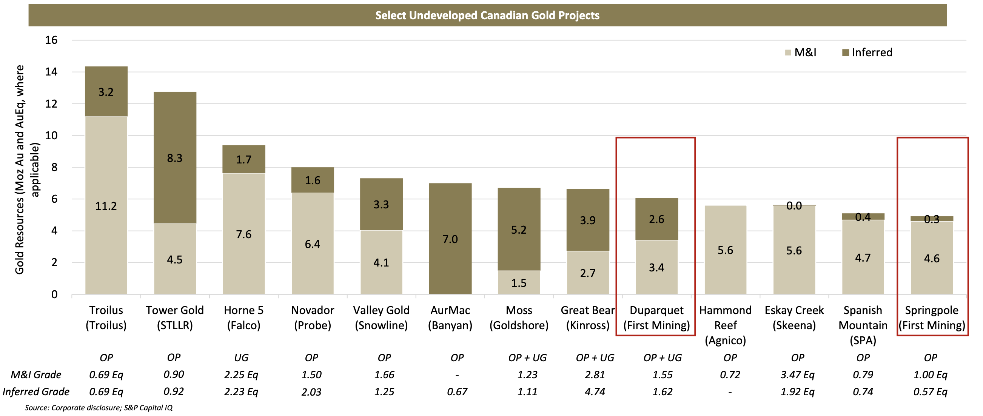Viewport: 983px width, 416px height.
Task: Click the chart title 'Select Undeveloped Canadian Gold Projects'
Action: point(487,15)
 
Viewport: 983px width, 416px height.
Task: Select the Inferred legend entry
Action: point(867,52)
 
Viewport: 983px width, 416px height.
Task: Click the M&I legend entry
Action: point(801,52)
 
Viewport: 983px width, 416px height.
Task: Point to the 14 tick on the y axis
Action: point(51,72)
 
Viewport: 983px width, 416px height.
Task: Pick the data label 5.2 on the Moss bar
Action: point(519,230)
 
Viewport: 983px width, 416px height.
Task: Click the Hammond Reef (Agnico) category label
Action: point(726,325)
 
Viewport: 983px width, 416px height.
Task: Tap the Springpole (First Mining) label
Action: point(932,317)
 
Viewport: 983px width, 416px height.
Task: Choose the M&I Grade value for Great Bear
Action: point(595,375)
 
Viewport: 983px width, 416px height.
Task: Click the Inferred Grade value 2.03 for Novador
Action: point(311,392)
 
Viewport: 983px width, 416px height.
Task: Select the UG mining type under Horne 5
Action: point(241,357)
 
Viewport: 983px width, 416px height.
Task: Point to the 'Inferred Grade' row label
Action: point(36,392)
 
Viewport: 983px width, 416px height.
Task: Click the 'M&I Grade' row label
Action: point(36,375)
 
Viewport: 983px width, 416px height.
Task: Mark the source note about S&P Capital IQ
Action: point(99,408)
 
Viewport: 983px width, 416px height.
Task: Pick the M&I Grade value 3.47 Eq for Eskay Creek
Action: point(798,375)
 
